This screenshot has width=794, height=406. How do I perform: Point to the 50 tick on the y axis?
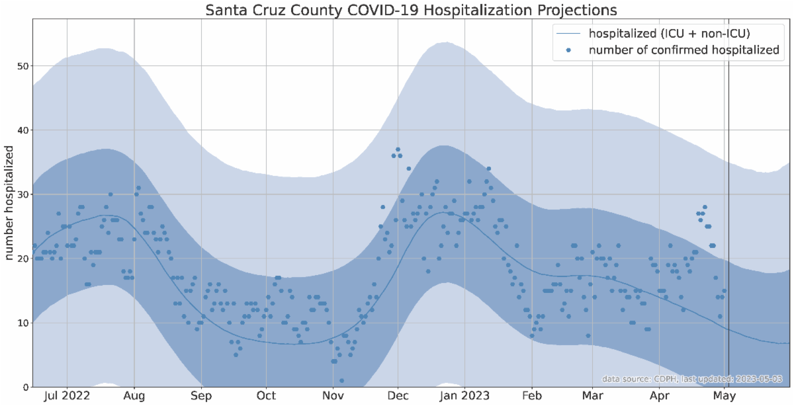pyautogui.click(x=22, y=66)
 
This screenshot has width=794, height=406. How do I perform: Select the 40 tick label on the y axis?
pyautogui.click(x=22, y=130)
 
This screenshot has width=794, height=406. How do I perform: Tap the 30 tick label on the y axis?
pyautogui.click(x=22, y=194)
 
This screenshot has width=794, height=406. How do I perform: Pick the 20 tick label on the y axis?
pyautogui.click(x=22, y=259)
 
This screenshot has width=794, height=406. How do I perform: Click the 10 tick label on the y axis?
pyautogui.click(x=22, y=323)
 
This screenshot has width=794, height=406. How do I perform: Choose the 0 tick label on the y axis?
pyautogui.click(x=24, y=387)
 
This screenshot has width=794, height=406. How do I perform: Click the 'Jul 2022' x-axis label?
pyautogui.click(x=67, y=397)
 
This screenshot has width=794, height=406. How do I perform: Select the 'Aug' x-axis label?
pyautogui.click(x=134, y=397)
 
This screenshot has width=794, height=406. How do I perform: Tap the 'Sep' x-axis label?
pyautogui.click(x=201, y=397)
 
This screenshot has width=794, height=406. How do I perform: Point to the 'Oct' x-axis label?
pyautogui.click(x=266, y=397)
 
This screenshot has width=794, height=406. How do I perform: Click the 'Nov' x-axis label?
pyautogui.click(x=333, y=397)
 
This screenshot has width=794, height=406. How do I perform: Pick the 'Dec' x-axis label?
pyautogui.click(x=398, y=397)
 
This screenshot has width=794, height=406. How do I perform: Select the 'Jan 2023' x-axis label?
pyautogui.click(x=464, y=397)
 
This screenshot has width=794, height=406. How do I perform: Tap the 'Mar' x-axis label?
pyautogui.click(x=592, y=397)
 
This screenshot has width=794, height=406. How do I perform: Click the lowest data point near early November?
pyautogui.click(x=341, y=380)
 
